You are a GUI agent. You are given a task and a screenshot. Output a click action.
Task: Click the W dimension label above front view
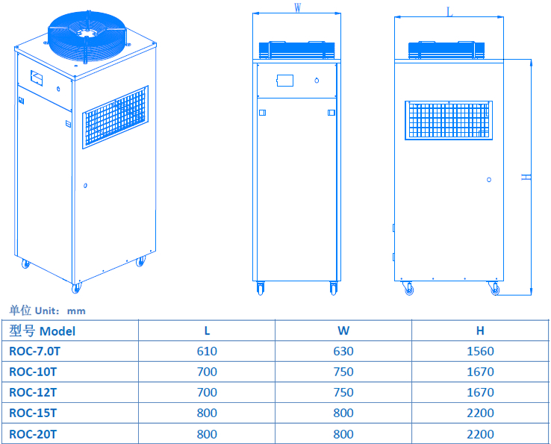[x=297, y=8]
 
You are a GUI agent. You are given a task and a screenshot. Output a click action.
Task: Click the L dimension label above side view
[x=449, y=11]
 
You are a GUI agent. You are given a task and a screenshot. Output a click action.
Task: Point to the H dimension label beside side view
[x=526, y=177]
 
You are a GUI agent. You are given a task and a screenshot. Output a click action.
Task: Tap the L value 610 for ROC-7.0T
[x=207, y=351]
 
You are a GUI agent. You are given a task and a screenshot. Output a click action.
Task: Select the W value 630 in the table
[x=343, y=351]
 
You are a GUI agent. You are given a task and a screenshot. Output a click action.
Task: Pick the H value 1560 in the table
[x=480, y=351]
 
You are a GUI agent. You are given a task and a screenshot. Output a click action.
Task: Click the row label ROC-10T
[x=33, y=372]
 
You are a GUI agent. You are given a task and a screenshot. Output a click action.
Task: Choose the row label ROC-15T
[x=33, y=413]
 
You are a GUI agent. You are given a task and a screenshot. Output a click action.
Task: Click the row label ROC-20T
[x=33, y=434]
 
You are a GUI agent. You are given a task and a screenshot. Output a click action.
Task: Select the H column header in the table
[x=480, y=331]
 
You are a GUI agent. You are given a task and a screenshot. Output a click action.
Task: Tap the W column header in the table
[x=343, y=331]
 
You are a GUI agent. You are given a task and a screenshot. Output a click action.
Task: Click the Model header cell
[x=43, y=331]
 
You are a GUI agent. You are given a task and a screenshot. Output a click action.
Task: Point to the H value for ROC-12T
[x=480, y=393]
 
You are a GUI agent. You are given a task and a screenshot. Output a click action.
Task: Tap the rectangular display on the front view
[x=284, y=81]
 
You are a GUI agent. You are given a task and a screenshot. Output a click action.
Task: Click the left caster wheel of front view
[x=261, y=288]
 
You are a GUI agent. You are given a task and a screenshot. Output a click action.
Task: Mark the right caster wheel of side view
[x=494, y=289]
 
